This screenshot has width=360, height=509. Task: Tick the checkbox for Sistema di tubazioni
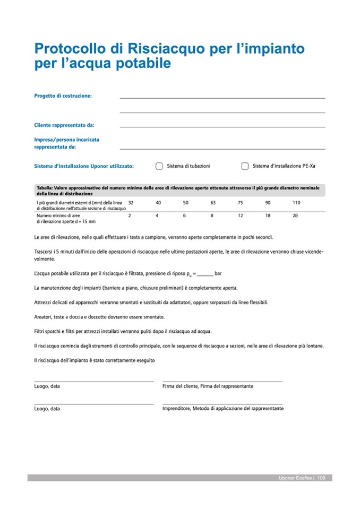point(159,166)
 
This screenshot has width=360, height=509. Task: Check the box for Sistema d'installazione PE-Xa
point(245,166)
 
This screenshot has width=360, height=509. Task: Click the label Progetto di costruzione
point(63,96)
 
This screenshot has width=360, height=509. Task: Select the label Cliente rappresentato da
point(64,125)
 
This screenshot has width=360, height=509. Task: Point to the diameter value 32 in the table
point(131,203)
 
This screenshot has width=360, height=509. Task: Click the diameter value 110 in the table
point(296,203)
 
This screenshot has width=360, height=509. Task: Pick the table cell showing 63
point(213,203)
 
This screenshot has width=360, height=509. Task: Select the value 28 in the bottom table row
point(295,215)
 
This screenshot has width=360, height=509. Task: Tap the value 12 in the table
point(241,215)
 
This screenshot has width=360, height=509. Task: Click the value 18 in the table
point(268,215)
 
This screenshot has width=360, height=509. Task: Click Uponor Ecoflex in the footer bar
point(295,478)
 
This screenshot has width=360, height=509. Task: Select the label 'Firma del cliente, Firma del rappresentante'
point(208,386)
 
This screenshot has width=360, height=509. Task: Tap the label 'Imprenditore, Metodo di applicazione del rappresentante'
point(223,409)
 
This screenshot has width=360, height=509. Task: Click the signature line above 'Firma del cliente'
point(222,381)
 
